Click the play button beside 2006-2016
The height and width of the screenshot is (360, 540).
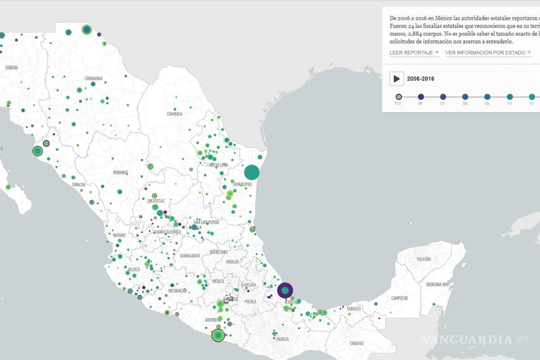(396, 79)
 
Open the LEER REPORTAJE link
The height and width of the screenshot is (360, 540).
(414, 53)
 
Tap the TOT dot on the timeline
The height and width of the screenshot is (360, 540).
(398, 97)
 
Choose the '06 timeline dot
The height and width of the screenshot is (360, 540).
(421, 97)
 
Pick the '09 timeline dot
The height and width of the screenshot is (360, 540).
(487, 97)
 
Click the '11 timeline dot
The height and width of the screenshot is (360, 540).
(531, 97)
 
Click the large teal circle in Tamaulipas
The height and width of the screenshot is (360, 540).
(252, 172)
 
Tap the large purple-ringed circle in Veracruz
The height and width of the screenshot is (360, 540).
(285, 291)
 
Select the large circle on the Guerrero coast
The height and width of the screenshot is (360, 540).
(218, 335)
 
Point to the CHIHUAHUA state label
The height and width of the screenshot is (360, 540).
(93, 78)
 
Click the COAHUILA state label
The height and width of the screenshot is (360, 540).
(175, 114)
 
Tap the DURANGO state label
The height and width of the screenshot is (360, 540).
(120, 172)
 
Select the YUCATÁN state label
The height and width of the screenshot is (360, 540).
(423, 259)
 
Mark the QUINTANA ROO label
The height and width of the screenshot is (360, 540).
(437, 284)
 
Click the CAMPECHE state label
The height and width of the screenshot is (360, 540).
(400, 298)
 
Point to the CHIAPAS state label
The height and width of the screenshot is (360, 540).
(356, 343)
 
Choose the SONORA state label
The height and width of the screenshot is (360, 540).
(11, 67)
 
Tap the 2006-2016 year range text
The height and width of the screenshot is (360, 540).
(420, 79)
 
